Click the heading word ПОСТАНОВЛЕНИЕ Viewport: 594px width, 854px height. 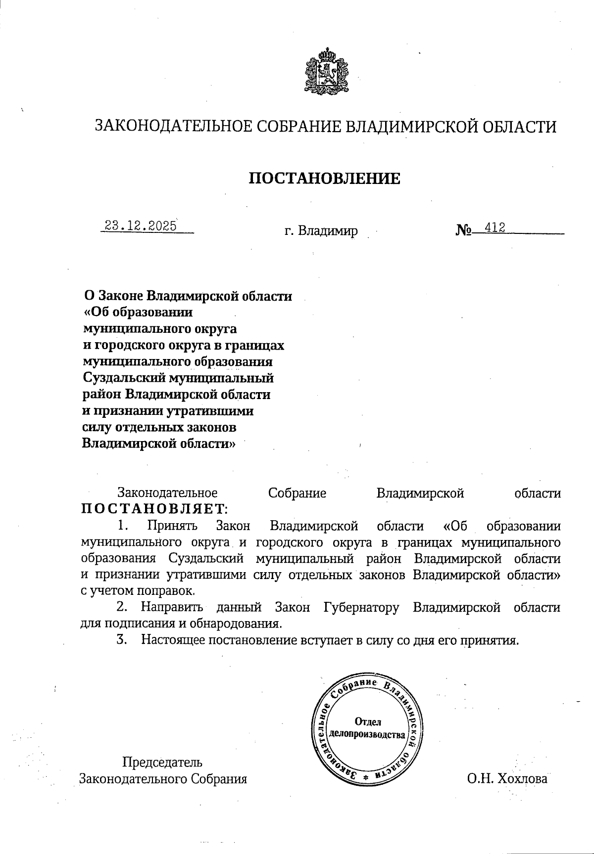pyautogui.click(x=324, y=178)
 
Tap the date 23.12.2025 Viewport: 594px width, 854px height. pyautogui.click(x=141, y=226)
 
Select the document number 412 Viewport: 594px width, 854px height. pyautogui.click(x=495, y=227)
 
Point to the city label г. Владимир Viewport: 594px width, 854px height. pyautogui.click(x=321, y=231)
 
